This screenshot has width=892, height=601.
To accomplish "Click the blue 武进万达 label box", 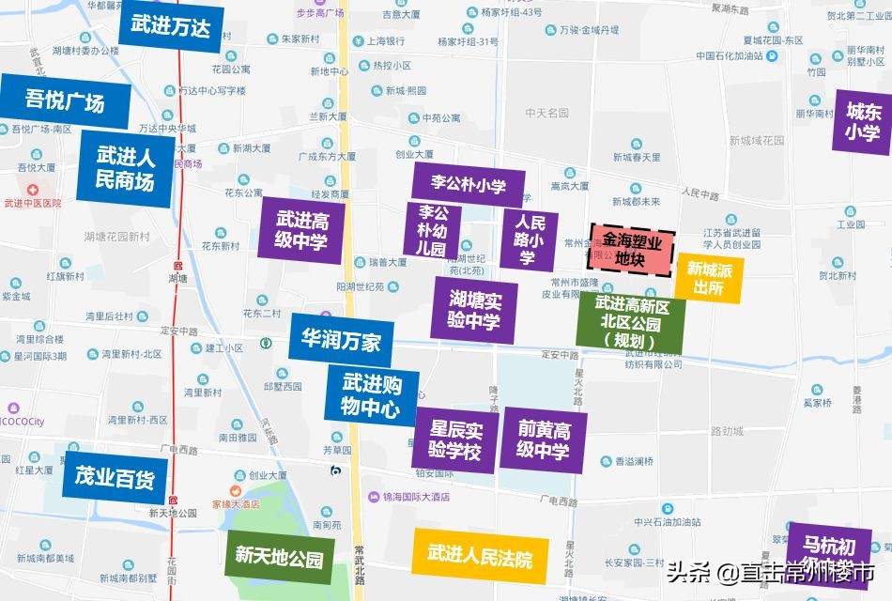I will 171,27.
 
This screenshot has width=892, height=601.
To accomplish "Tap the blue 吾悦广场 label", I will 65,100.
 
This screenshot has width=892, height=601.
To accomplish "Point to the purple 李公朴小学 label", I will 468,184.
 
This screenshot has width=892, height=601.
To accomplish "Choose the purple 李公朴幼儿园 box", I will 431,231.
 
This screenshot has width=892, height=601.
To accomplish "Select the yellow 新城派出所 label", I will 709,279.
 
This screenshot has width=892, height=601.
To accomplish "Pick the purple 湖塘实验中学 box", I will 474,309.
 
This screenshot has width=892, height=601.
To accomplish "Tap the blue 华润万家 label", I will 341,341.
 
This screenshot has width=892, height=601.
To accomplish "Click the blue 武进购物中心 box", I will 372,395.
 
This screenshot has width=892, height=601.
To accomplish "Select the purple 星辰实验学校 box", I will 455,440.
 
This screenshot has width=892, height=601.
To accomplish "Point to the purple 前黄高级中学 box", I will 544,439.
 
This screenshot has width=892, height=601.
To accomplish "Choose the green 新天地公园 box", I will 279,558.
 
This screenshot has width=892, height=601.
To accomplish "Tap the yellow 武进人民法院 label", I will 480,557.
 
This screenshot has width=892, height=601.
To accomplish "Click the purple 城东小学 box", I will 862,121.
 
